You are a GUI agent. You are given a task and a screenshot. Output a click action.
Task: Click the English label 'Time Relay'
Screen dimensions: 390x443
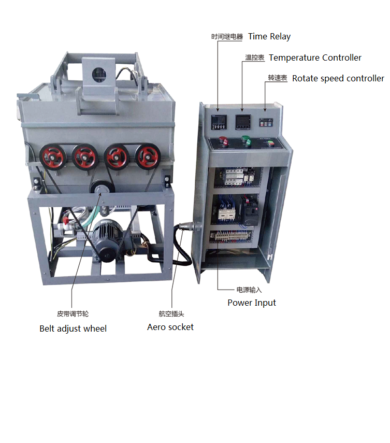(269, 36)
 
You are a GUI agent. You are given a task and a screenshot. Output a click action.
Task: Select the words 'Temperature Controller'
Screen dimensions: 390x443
(315, 58)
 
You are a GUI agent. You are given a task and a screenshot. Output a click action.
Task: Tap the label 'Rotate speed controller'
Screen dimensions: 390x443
(338, 78)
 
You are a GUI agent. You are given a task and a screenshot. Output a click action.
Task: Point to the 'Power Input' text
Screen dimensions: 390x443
(252, 303)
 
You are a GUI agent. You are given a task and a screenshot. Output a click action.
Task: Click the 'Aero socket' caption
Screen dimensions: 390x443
(170, 327)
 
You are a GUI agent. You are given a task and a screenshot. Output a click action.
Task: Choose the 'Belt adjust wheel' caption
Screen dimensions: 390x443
(73, 328)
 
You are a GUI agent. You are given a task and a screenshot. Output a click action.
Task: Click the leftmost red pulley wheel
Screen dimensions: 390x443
(52, 157)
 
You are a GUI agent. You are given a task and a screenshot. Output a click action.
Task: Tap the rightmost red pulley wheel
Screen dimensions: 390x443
(148, 156)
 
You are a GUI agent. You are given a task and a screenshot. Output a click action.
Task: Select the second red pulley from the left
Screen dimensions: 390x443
(85, 157)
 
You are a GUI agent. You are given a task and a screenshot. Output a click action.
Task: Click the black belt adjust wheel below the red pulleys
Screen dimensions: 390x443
(102, 187)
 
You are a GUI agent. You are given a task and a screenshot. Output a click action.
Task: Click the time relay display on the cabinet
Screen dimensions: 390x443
(219, 122)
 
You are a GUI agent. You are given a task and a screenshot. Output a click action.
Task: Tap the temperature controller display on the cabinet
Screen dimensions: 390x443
(243, 122)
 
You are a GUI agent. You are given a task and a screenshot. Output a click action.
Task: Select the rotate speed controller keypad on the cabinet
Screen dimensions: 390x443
(266, 122)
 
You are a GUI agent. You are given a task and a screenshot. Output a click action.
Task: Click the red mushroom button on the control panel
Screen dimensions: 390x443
(223, 141)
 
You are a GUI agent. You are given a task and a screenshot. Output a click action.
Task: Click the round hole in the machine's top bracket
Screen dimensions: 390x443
(99, 75)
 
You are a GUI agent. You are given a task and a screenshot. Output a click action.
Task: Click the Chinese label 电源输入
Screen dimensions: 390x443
(249, 290)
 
